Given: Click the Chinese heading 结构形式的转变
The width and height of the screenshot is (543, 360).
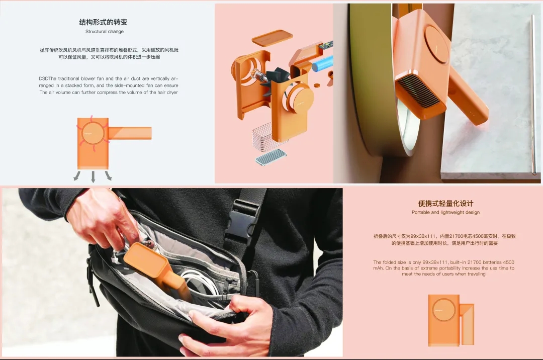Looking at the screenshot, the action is point(103,22).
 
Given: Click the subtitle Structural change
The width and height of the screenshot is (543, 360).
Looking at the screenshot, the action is point(105,32).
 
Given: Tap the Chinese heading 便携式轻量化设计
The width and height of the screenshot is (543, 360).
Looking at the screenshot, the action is point(445,204).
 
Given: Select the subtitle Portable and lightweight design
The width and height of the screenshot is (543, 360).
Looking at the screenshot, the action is point(445,212).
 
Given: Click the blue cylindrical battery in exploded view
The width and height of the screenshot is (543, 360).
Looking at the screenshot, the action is point(323,64).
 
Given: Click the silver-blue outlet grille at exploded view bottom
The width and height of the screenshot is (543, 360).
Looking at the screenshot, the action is point(271,157).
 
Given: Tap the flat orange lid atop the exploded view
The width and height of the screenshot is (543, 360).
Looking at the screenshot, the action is point(272,38).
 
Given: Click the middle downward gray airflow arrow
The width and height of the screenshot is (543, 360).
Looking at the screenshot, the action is point(93,176).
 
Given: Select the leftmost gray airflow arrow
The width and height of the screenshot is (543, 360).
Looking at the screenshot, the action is point(77,175).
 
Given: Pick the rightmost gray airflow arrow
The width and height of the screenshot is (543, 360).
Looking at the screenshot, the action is point(109,175).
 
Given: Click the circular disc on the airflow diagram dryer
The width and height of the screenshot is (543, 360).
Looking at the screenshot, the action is point(93,133).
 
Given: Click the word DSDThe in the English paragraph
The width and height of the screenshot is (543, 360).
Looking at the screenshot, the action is point(48,78).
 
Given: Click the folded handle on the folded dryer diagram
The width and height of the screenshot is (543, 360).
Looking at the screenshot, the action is point(467,324).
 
